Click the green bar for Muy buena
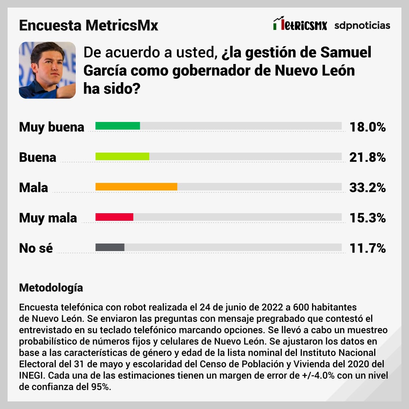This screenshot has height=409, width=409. (x=117, y=126)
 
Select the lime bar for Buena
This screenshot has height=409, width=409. (x=122, y=156)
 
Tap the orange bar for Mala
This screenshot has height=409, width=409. (x=136, y=187)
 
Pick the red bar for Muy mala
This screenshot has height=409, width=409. (x=114, y=217)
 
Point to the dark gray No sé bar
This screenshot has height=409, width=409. (x=110, y=247)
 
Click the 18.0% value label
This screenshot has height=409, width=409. (x=367, y=127)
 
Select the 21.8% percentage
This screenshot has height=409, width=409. (x=367, y=157)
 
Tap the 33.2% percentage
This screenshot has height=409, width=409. (x=367, y=187)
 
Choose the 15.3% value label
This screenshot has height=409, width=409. (x=367, y=218)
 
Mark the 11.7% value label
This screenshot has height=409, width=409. (x=367, y=248)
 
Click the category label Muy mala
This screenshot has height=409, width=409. (x=48, y=218)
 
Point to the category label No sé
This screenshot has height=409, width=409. (x=36, y=248)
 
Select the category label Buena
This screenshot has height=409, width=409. (x=37, y=157)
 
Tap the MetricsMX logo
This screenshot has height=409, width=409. (x=300, y=25)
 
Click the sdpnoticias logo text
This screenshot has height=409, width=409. (x=362, y=25)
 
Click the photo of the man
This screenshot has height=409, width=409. (x=47, y=70)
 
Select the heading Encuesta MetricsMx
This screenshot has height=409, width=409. (x=88, y=26)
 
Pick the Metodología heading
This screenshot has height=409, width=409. (x=51, y=287)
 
